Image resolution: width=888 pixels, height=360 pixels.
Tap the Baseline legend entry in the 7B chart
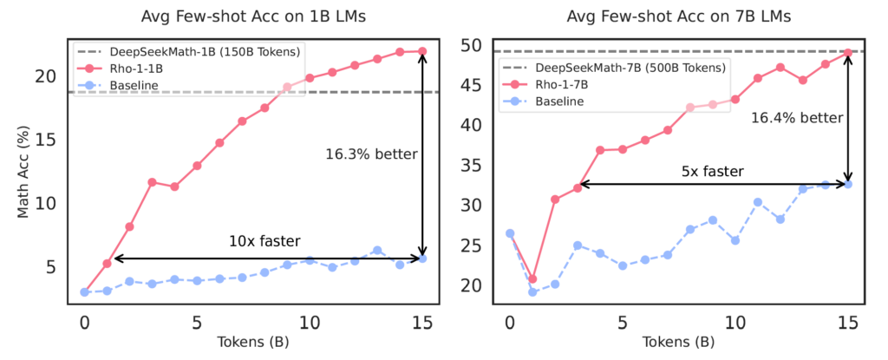(558, 101)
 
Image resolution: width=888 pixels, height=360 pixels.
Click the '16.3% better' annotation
(371, 154)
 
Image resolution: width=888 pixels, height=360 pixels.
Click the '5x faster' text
(714, 171)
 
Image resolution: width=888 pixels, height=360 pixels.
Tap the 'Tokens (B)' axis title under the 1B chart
(252, 339)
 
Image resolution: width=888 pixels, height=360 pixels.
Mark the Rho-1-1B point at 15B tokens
(422, 51)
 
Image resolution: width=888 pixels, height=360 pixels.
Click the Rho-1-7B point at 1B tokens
(532, 279)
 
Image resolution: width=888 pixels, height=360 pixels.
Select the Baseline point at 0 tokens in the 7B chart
(510, 233)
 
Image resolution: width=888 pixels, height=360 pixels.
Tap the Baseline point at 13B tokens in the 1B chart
(377, 250)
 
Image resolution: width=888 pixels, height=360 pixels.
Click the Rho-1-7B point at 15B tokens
(848, 52)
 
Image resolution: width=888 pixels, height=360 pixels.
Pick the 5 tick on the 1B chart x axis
(197, 320)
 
